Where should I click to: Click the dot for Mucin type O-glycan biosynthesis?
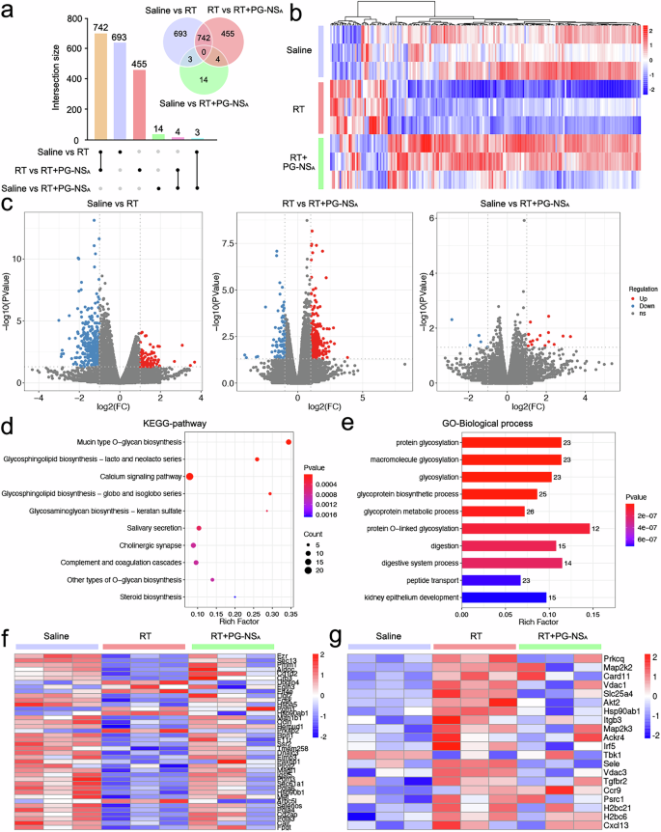[289, 442]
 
